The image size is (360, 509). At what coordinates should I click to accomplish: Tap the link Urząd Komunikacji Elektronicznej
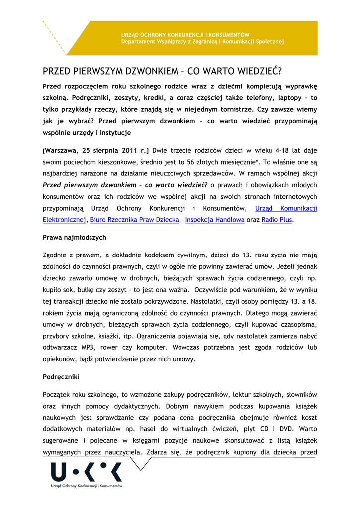coord(286,208)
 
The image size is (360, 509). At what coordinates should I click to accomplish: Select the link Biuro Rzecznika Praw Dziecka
coord(134,219)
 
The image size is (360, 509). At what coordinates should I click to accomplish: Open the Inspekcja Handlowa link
coord(214,219)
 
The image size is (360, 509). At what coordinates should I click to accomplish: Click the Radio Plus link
coord(276,219)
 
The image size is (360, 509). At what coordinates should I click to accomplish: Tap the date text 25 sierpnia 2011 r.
coord(107,150)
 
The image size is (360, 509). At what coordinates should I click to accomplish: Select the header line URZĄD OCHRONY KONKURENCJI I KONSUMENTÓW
coord(185,35)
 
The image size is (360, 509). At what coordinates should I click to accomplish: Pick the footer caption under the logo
coord(87,485)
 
